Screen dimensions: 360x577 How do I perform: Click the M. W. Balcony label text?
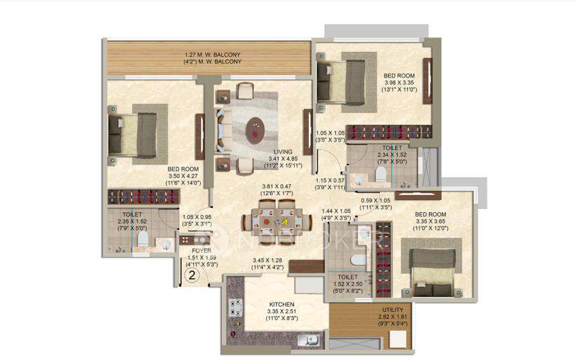tap(212, 58)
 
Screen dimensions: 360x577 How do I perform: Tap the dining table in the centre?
tap(276, 222)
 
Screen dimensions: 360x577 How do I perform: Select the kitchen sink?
tap(311, 340)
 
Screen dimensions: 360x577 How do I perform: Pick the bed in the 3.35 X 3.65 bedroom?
tap(433, 270)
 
